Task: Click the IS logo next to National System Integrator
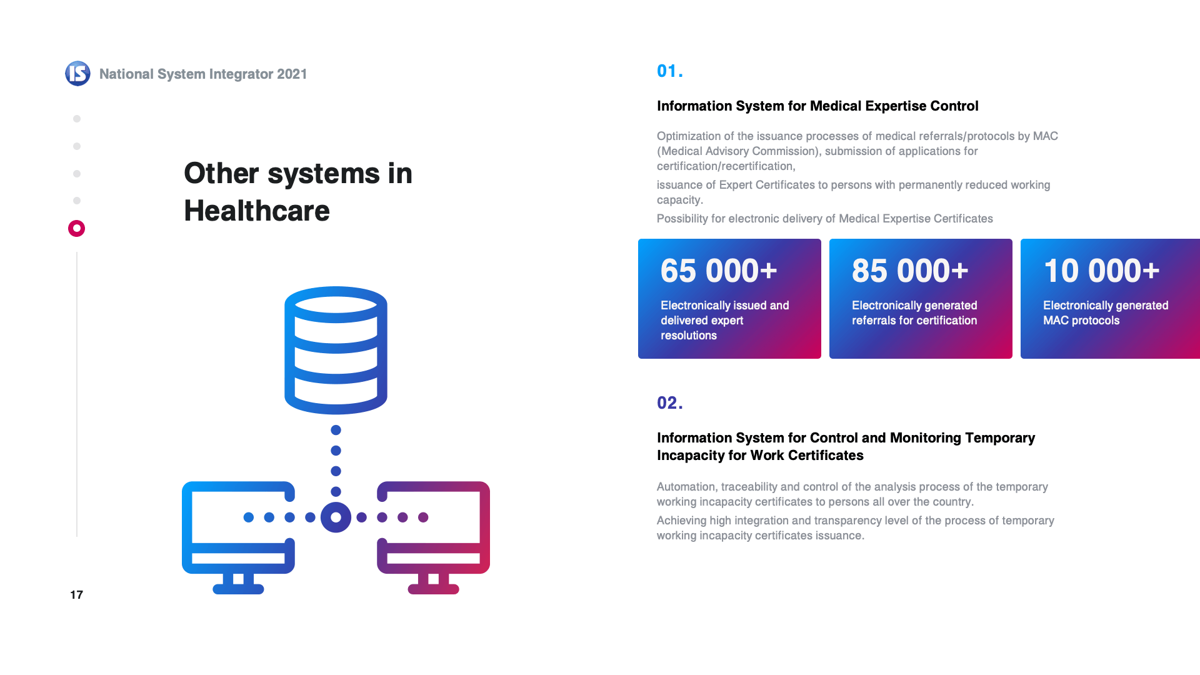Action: pyautogui.click(x=77, y=74)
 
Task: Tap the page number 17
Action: pyautogui.click(x=76, y=595)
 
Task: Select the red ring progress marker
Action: pyautogui.click(x=76, y=228)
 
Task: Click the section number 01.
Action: pyautogui.click(x=669, y=71)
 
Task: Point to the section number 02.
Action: pyautogui.click(x=669, y=403)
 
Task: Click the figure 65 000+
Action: pyautogui.click(x=719, y=271)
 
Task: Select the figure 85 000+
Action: pyautogui.click(x=910, y=271)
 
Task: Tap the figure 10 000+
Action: pyautogui.click(x=1101, y=271)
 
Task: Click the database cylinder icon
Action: pyautogui.click(x=336, y=350)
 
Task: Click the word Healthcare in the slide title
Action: pyautogui.click(x=257, y=211)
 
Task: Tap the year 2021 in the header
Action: pyautogui.click(x=292, y=74)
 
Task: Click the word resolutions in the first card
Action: pyautogui.click(x=689, y=336)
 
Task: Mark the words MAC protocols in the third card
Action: pyautogui.click(x=1081, y=321)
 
